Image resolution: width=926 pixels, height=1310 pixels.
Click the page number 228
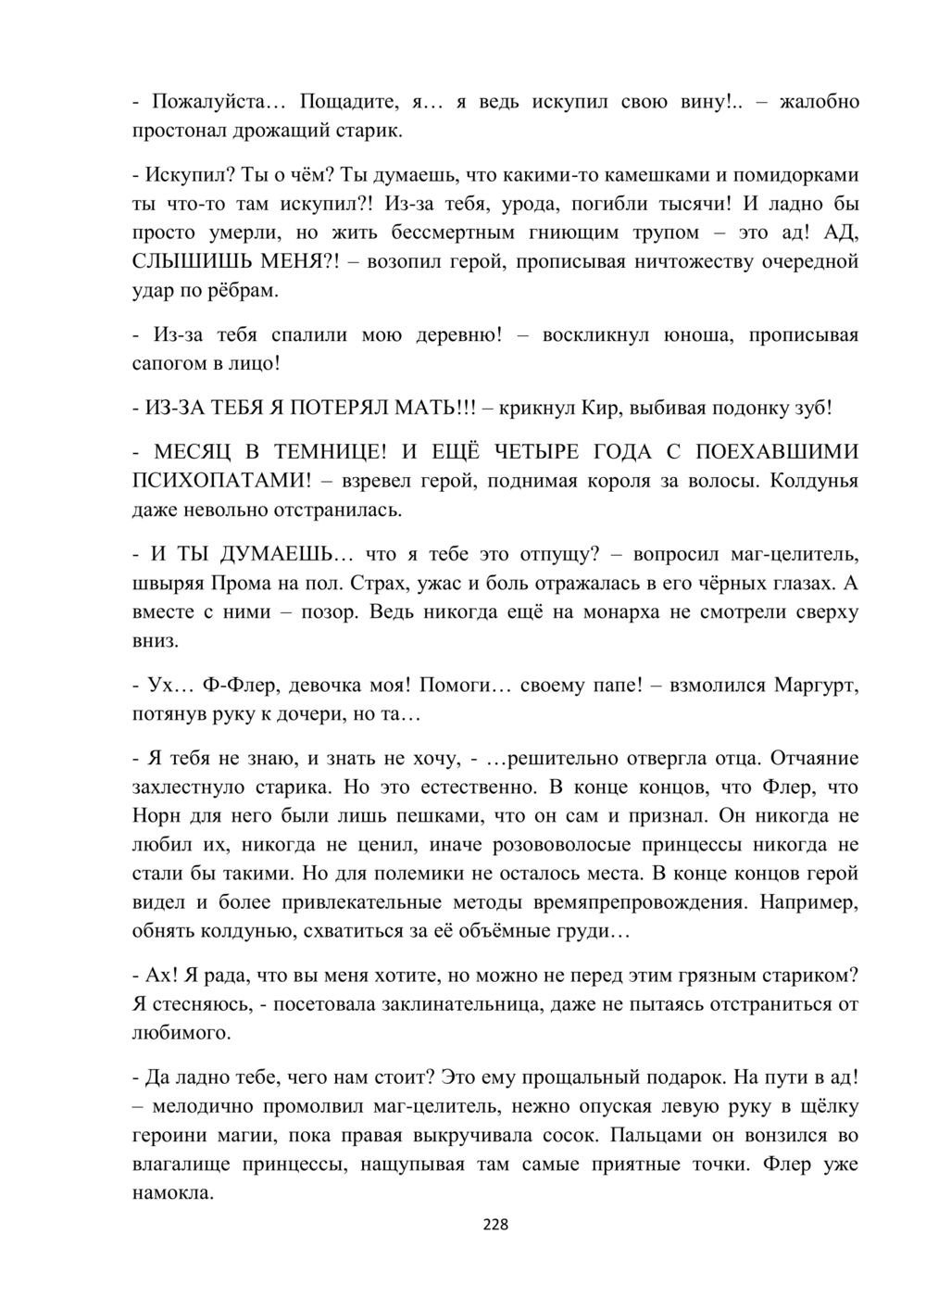pyautogui.click(x=495, y=1225)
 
